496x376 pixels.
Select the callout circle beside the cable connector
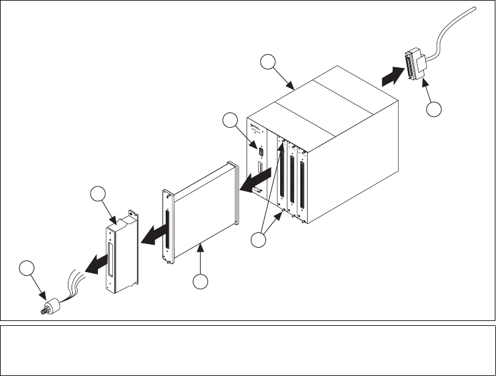pos(434,109)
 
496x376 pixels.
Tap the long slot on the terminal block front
pos(111,260)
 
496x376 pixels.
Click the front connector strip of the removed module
pos(166,229)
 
